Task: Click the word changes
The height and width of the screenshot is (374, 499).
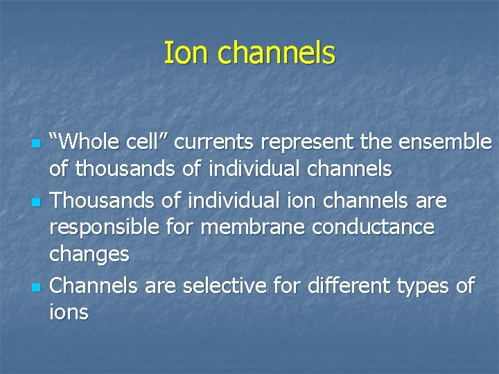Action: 89,254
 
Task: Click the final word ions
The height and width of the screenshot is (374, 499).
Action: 69,312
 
